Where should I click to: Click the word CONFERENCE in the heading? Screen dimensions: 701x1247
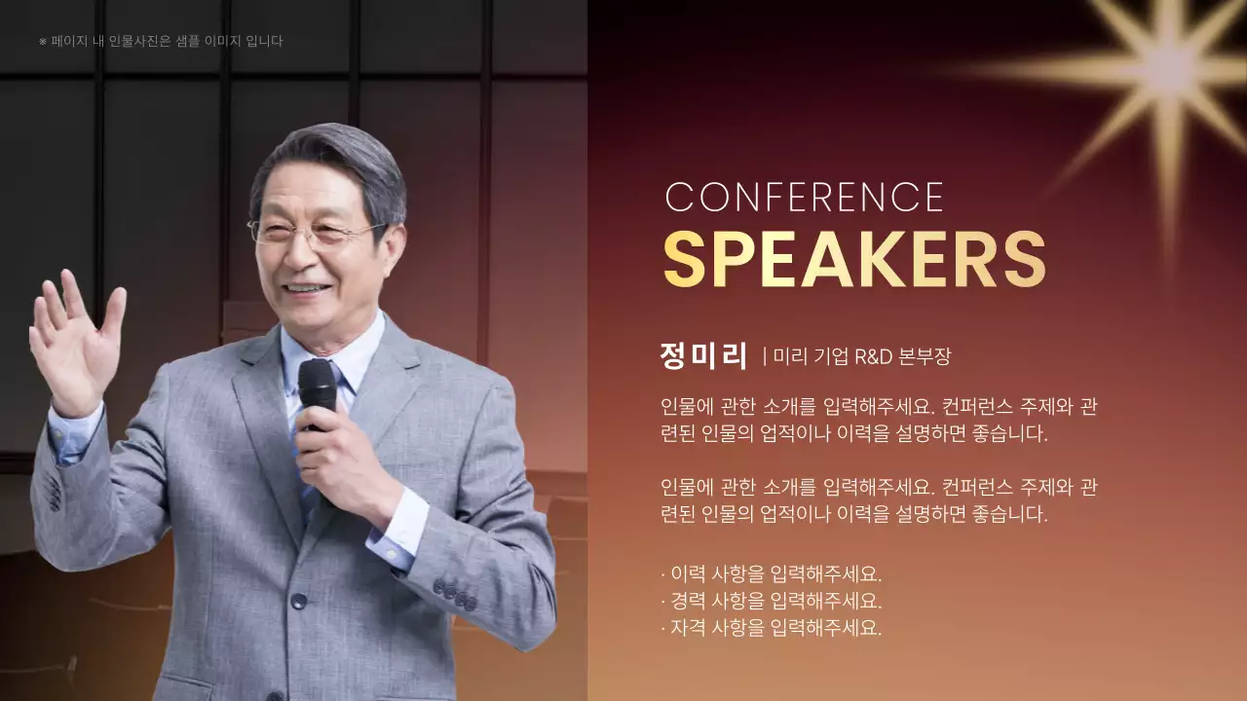[x=805, y=198]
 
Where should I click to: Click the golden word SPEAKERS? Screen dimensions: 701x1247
[x=854, y=259]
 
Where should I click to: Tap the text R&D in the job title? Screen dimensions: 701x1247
[x=874, y=356]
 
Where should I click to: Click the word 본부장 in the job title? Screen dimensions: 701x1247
[x=925, y=356]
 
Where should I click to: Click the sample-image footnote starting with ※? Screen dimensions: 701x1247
[x=161, y=41]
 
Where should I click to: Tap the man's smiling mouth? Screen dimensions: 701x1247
[x=306, y=288]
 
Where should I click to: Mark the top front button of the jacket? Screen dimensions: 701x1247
[x=299, y=601]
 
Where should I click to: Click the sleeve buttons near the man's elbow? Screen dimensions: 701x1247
[x=454, y=593]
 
